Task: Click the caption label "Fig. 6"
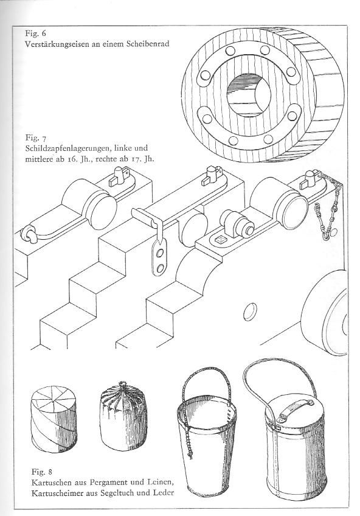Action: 35,33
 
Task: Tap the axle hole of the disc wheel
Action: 249,95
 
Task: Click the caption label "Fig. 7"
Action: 35,138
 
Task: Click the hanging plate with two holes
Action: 160,257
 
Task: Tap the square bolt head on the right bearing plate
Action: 220,240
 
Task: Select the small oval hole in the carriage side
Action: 250,312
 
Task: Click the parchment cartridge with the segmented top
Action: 54,418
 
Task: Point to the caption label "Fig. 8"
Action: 42,472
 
